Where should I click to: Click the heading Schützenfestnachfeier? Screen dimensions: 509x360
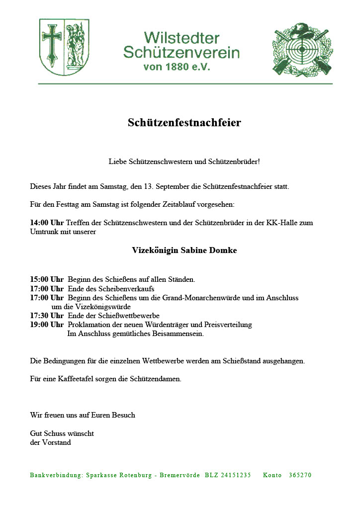[184, 123]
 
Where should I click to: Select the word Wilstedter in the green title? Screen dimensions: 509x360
[181, 38]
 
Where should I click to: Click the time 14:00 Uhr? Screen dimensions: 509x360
[47, 223]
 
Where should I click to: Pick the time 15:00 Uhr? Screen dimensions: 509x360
[47, 279]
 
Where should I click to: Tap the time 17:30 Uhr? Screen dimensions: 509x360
[47, 316]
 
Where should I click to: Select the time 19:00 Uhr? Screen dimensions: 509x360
[47, 325]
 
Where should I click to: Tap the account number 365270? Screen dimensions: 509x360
[300, 475]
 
